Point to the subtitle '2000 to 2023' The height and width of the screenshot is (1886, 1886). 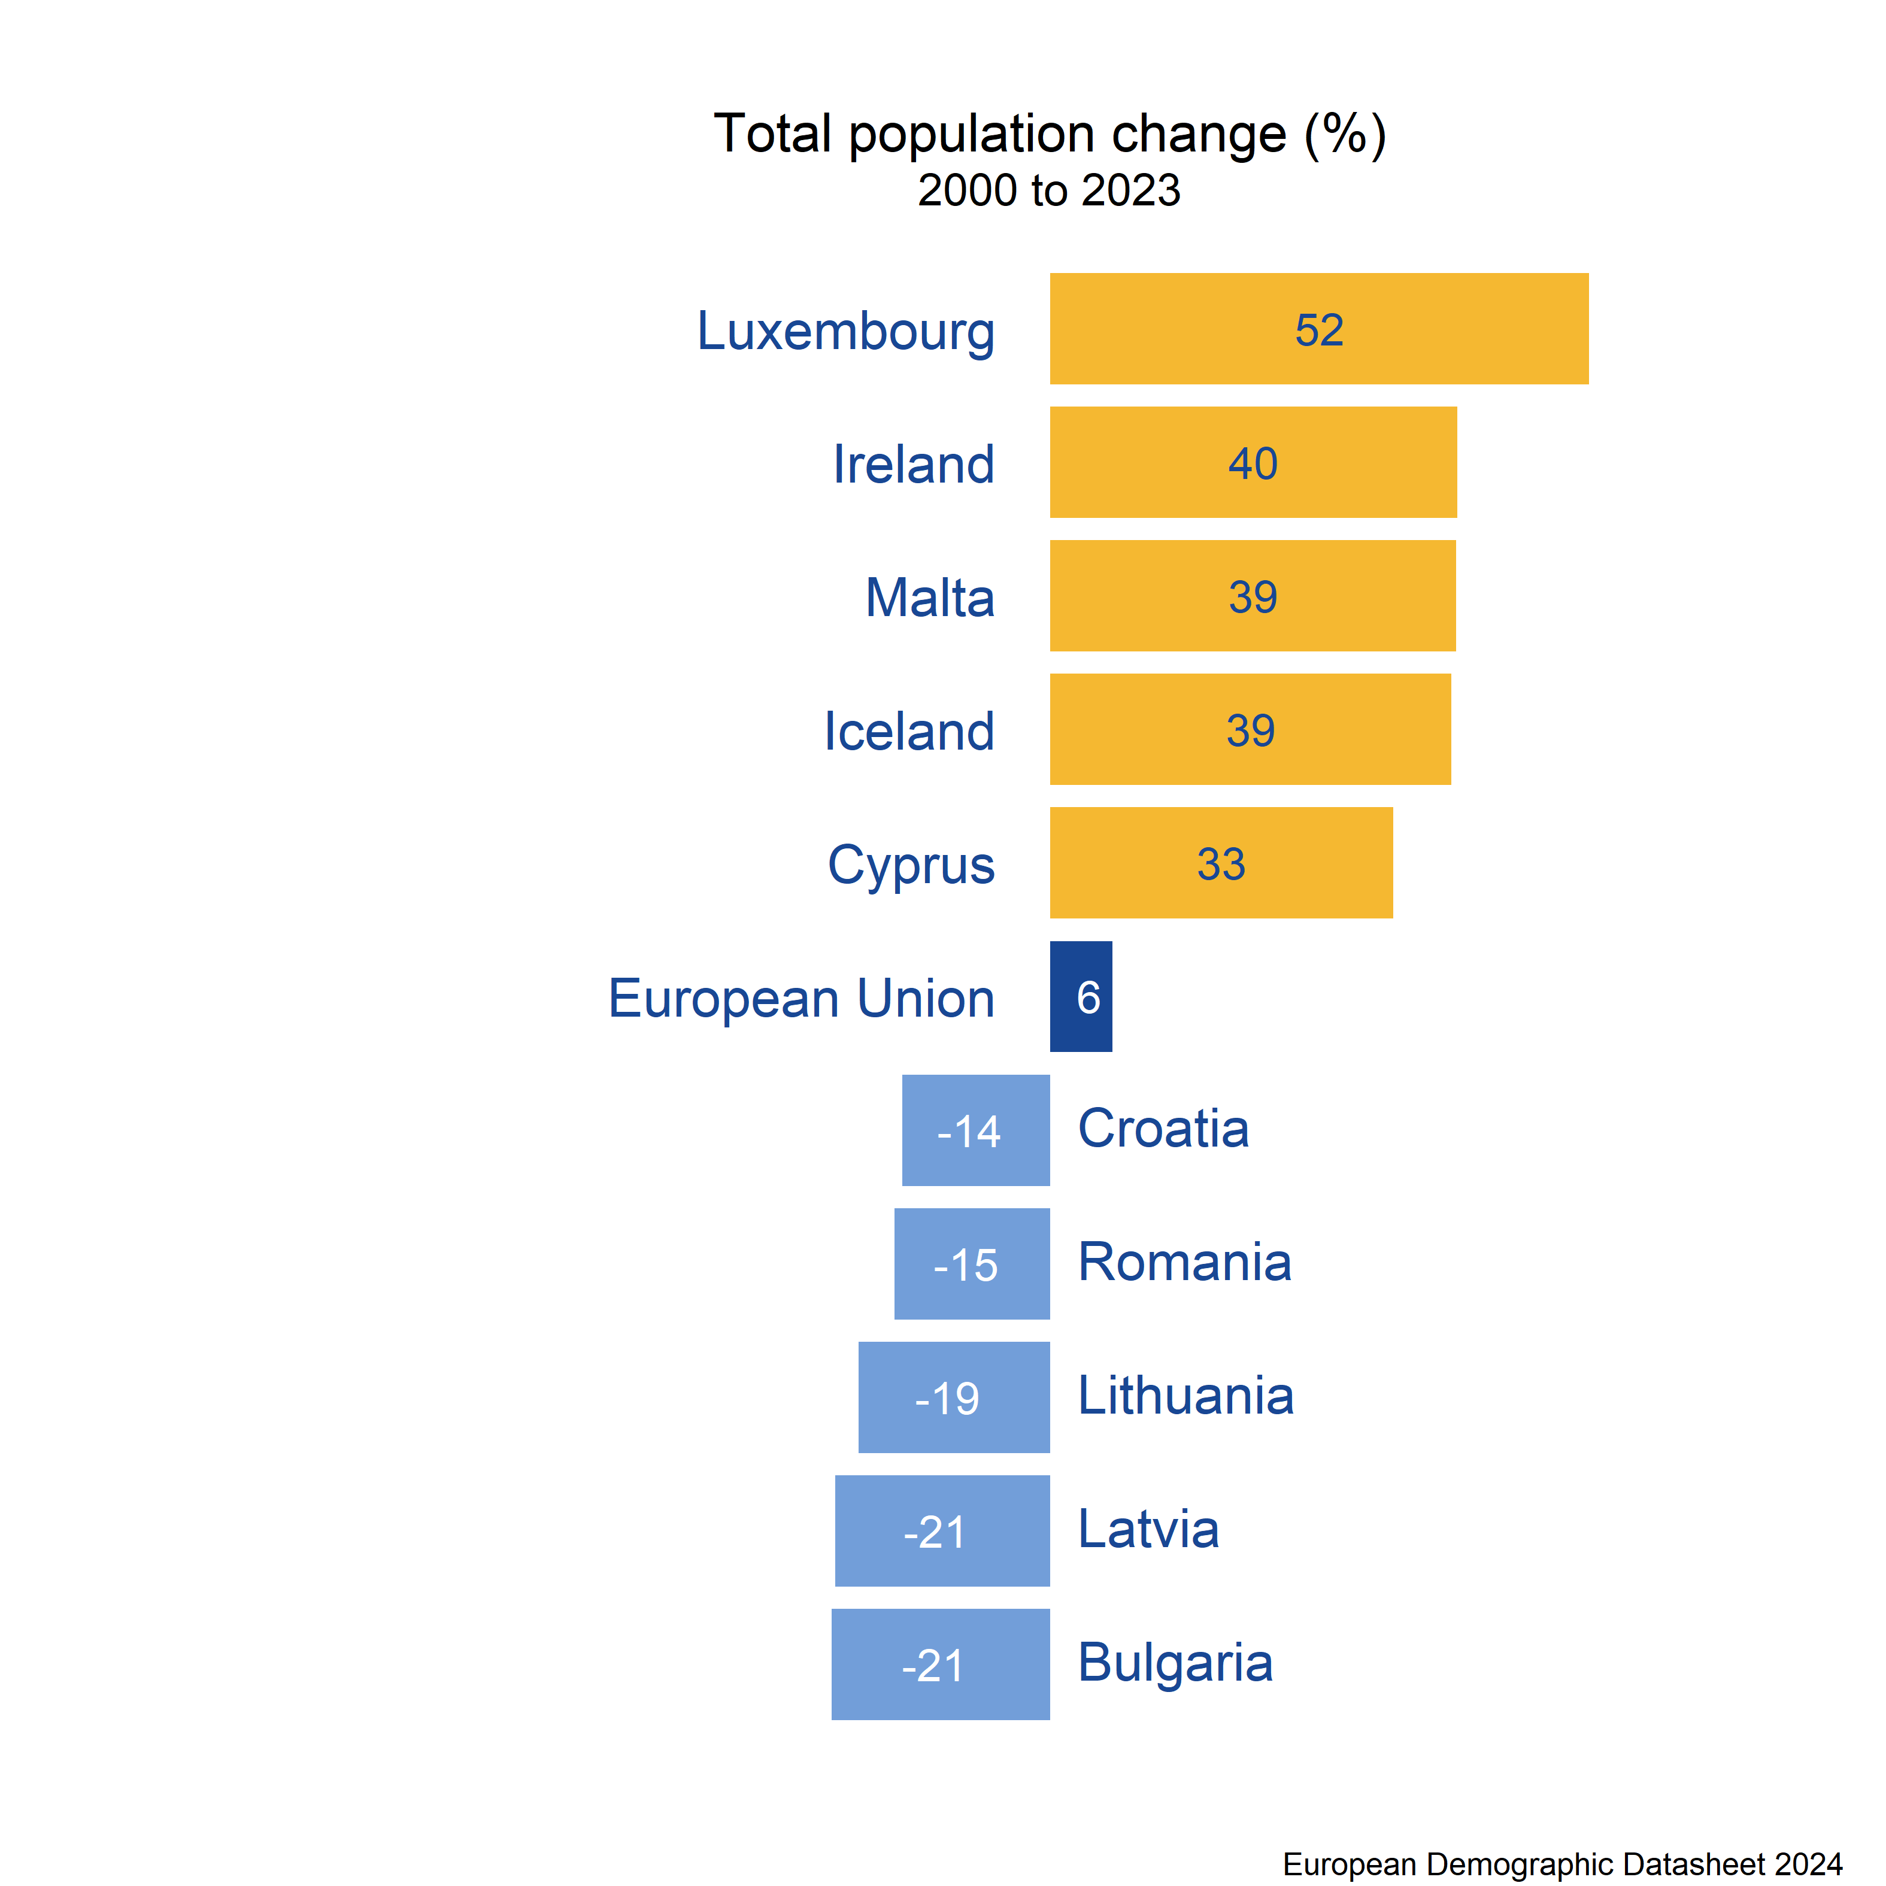click(1050, 190)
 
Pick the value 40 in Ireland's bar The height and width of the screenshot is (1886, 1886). click(1253, 463)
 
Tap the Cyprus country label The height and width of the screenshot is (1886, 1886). click(911, 866)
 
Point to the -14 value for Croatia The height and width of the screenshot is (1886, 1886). click(968, 1132)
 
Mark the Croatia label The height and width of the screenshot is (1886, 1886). click(1163, 1129)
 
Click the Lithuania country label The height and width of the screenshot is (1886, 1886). click(1185, 1396)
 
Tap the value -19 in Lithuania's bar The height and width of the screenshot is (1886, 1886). click(947, 1399)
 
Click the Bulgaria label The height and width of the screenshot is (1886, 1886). click(1174, 1663)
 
